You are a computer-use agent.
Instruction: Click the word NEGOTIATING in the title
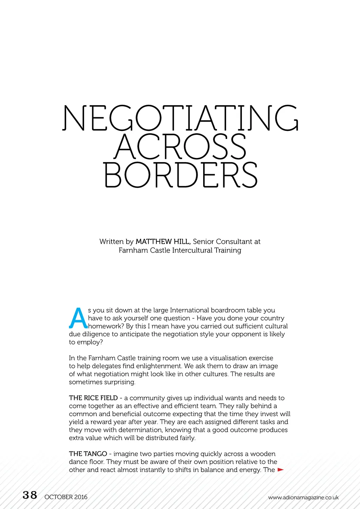pyautogui.click(x=180, y=118)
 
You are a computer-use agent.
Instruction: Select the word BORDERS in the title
pyautogui.click(x=180, y=175)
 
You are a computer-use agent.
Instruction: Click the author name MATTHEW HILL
pyautogui.click(x=163, y=242)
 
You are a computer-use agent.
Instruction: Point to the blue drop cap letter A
pyautogui.click(x=78, y=318)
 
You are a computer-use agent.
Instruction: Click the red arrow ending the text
pyautogui.click(x=281, y=470)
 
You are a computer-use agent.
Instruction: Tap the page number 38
pyautogui.click(x=30, y=495)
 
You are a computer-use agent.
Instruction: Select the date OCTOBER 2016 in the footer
pyautogui.click(x=66, y=497)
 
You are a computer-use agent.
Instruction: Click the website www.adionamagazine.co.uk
pyautogui.click(x=303, y=497)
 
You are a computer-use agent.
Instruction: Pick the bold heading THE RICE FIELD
pyautogui.click(x=93, y=398)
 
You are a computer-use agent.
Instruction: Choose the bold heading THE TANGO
pyautogui.click(x=88, y=454)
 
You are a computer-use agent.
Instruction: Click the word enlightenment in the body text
pyautogui.click(x=159, y=366)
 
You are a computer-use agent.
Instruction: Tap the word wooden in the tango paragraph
pyautogui.click(x=263, y=454)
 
